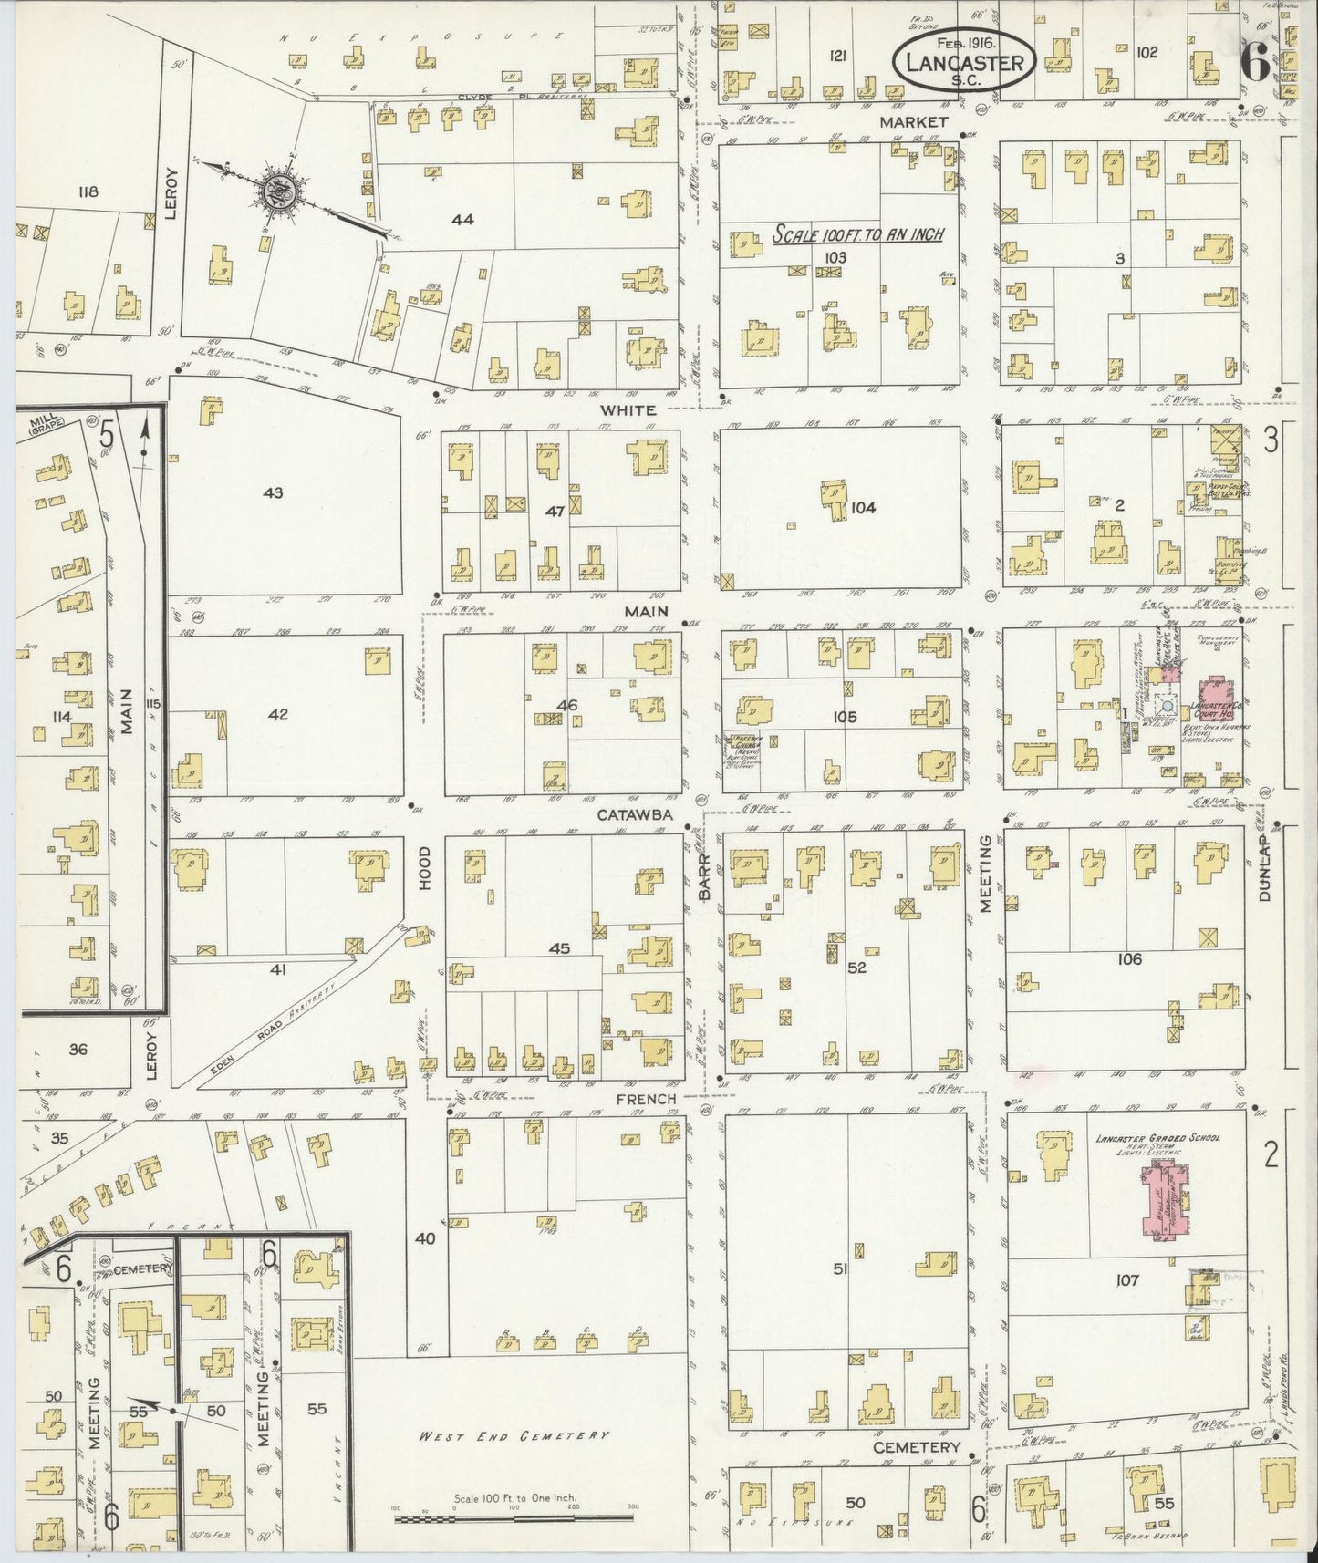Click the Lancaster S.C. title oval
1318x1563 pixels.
tap(964, 61)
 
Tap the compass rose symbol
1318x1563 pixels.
tap(278, 191)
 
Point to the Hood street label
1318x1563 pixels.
tap(423, 874)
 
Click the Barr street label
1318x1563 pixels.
tap(704, 882)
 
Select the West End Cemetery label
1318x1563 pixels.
tap(514, 1435)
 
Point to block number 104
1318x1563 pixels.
tap(862, 507)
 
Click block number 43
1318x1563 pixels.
tap(273, 492)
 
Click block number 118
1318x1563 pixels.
tap(88, 191)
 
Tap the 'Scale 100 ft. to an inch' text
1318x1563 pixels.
tap(857, 234)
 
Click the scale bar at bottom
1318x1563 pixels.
tap(514, 1518)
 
